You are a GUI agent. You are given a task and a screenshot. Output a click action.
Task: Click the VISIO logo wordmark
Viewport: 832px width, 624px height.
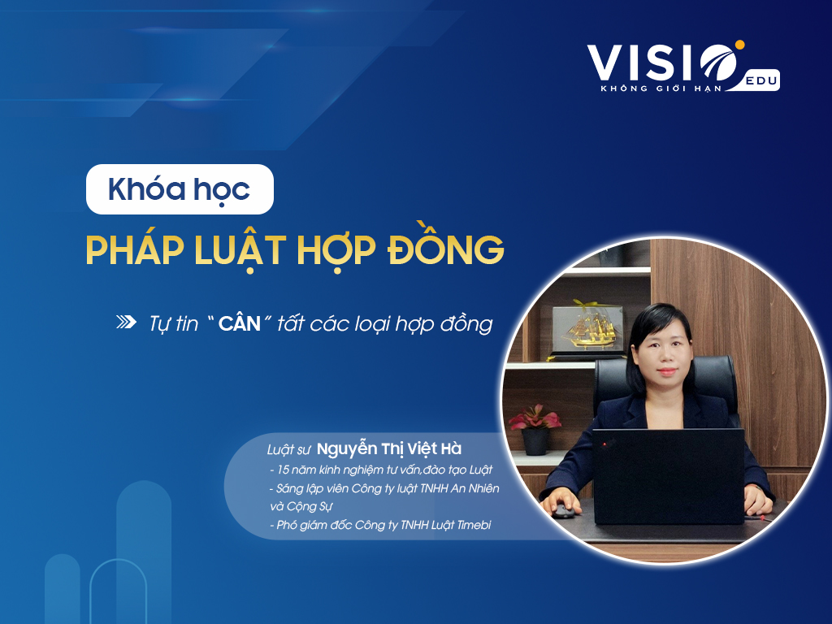tap(663, 63)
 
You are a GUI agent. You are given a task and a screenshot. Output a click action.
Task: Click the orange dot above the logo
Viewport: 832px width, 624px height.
tap(739, 44)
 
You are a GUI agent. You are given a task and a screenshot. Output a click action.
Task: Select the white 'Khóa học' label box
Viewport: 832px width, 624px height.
tap(180, 188)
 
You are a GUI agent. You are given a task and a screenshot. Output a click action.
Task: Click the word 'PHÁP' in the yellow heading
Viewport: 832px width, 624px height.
tap(135, 249)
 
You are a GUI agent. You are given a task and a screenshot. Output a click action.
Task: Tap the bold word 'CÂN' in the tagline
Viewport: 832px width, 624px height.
tap(240, 323)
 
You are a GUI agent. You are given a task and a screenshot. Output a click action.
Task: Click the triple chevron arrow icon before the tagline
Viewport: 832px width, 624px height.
tap(126, 322)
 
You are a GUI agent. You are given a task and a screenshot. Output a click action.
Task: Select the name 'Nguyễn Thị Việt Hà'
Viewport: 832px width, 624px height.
tap(389, 448)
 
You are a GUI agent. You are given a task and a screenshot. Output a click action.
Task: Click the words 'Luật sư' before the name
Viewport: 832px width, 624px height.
tap(288, 450)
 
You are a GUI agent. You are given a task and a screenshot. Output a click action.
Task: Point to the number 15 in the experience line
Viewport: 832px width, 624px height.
tap(283, 470)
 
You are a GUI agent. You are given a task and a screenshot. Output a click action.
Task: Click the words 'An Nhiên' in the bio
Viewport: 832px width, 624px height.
tap(474, 488)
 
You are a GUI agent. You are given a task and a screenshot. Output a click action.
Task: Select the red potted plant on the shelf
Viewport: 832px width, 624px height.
tap(535, 429)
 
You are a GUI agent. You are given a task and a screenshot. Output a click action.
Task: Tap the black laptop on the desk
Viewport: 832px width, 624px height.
tap(669, 476)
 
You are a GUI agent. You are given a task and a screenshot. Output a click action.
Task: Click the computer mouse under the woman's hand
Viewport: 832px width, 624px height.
tap(563, 512)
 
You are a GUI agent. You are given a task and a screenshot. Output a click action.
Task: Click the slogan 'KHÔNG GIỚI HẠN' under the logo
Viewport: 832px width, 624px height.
tap(661, 89)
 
